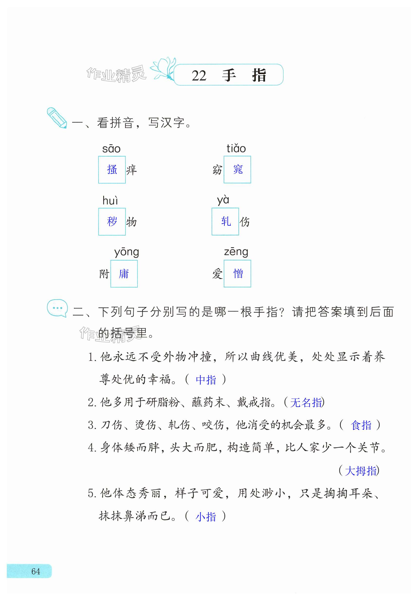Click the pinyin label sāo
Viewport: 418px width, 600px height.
point(111,149)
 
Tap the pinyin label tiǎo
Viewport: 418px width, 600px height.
point(236,148)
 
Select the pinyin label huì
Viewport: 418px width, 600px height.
point(110,201)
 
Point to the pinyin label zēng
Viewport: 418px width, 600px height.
point(236,252)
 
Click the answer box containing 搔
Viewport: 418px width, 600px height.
point(112,170)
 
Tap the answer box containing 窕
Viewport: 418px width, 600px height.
point(237,170)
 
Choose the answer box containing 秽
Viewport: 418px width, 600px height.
point(112,222)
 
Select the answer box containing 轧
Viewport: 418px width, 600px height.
point(225,221)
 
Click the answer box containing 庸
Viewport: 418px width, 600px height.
point(124,274)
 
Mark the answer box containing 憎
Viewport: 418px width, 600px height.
point(237,274)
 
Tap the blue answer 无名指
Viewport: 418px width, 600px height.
point(306,403)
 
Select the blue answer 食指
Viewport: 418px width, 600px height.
point(361,425)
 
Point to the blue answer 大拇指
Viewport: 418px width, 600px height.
point(361,471)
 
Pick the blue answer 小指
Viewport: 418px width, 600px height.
point(206,517)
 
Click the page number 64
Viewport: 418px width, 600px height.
point(36,571)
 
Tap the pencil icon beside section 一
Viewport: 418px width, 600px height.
point(56,118)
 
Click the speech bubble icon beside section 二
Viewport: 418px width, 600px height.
point(57,308)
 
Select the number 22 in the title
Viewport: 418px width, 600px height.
point(199,76)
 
